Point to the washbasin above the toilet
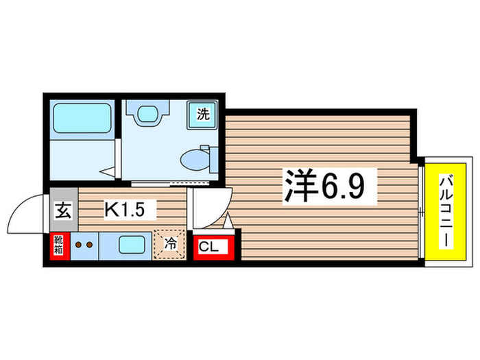coord(147,114)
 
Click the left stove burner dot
coord(78,243)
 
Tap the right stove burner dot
coord(89,243)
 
